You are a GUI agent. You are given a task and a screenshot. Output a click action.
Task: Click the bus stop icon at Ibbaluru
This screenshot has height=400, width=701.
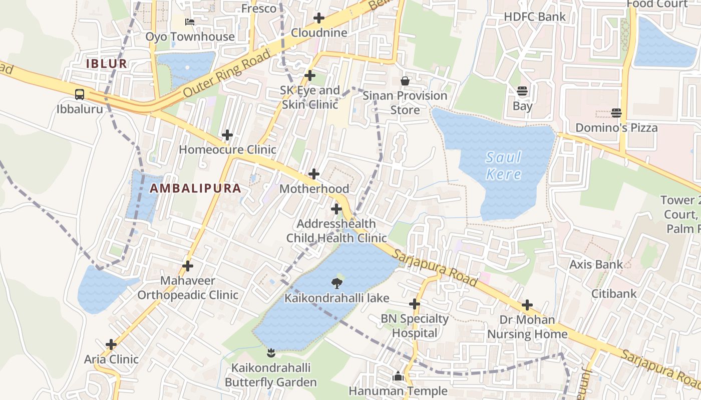coord(80,94)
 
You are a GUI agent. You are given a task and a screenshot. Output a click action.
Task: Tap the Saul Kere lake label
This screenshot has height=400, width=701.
coord(504,166)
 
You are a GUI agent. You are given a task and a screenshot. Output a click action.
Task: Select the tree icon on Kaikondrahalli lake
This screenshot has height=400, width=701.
coord(337,283)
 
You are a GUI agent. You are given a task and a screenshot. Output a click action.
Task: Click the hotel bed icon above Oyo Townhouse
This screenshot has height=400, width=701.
coord(190,21)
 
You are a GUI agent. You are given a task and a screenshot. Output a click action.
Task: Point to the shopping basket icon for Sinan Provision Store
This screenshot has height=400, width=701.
coord(405,80)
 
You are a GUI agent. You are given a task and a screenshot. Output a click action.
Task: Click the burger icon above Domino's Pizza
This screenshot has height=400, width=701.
coord(616,113)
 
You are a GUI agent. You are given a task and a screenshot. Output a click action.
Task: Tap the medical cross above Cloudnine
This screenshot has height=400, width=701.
coord(319,18)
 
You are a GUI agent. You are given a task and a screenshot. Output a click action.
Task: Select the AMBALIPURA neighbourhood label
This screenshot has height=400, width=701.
coord(196,188)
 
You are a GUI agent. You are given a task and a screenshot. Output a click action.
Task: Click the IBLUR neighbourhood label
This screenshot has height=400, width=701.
coord(107,64)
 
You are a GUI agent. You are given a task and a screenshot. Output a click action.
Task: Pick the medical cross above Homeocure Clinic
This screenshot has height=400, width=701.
coord(227,135)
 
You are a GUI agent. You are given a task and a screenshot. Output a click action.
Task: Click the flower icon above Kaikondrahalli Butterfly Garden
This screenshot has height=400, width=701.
coord(271,353)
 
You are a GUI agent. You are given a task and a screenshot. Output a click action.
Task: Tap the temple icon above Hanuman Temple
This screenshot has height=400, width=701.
coord(398,376)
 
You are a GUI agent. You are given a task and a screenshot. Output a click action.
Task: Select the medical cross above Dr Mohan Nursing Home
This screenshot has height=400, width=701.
coord(527,304)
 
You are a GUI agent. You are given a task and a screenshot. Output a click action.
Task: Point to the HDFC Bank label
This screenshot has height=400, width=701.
coord(535,16)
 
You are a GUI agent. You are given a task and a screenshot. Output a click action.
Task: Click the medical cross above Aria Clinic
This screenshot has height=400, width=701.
coord(111,344)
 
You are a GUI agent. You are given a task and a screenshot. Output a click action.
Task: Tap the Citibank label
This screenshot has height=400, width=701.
coord(614,293)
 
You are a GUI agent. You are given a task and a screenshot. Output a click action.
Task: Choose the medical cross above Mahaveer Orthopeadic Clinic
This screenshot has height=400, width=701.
coord(188,266)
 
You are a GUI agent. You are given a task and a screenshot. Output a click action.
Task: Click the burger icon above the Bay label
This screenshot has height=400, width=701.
coord(522,91)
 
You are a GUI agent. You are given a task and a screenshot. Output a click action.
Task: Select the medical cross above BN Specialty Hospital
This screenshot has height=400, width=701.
coord(415,303)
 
